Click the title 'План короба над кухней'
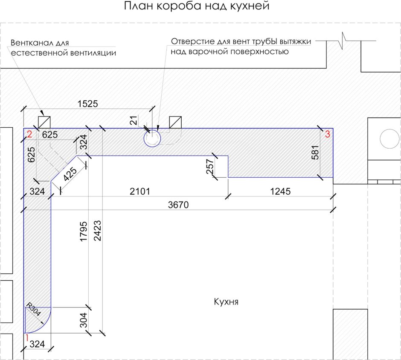(x=197, y=7)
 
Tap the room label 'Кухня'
(x=226, y=302)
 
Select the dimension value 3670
(x=177, y=205)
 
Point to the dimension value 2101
(x=140, y=192)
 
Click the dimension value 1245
(x=280, y=192)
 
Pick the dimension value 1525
(x=88, y=103)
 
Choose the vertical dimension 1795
(x=84, y=232)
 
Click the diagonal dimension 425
(x=70, y=175)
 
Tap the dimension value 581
(x=315, y=152)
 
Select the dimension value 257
(x=209, y=166)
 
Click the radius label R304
(x=34, y=310)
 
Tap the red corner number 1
(x=26, y=337)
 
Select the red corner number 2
(x=29, y=134)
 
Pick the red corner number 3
(x=327, y=134)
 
